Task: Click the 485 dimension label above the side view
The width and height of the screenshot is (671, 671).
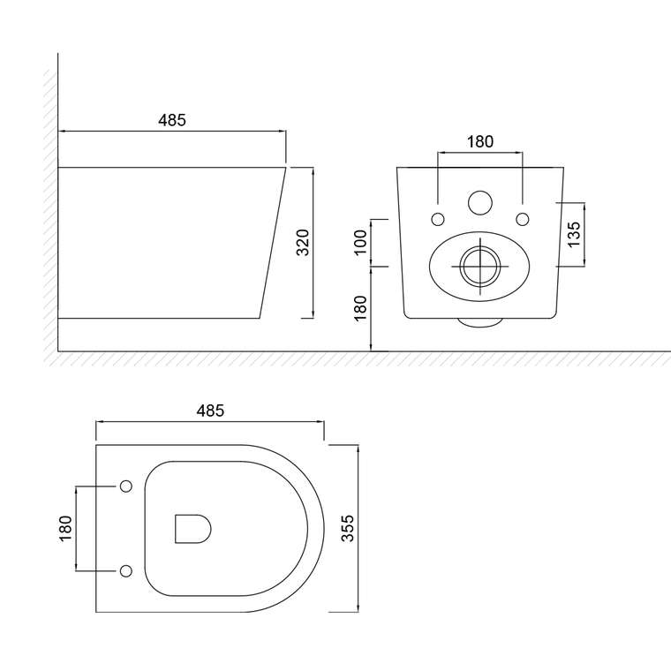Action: pos(172,120)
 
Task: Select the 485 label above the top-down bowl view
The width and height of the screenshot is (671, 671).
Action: pos(210,411)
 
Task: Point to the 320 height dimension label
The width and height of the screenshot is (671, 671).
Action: pos(303,242)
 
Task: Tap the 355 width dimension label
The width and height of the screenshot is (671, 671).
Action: pos(348,528)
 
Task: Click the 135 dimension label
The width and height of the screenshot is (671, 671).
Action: pos(574,234)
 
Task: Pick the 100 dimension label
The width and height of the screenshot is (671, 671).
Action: pos(361,242)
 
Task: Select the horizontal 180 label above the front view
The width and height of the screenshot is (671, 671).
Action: pos(479,141)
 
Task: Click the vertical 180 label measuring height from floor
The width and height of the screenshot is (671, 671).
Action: pos(361,307)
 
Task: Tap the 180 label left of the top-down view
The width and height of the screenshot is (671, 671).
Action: pos(65,528)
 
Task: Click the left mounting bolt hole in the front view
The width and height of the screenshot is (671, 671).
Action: pos(437,219)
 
